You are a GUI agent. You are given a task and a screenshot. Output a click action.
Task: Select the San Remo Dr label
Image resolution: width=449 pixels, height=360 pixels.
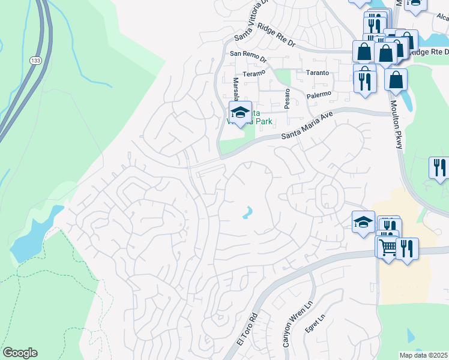tap(248, 53)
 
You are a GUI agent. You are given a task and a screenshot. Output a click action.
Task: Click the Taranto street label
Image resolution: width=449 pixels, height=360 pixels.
tap(318, 73)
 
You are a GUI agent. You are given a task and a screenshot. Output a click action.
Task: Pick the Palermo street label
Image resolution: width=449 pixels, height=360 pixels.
tap(319, 94)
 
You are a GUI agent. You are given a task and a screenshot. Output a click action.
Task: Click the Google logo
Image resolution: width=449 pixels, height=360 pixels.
tap(20, 353)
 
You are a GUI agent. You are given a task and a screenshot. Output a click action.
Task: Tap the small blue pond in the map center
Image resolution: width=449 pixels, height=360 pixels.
tap(247, 212)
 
